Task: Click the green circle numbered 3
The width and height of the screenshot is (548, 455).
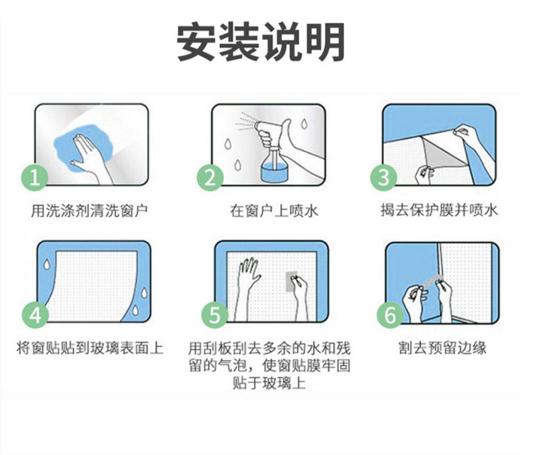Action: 384,178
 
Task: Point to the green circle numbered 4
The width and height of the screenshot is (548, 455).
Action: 35,315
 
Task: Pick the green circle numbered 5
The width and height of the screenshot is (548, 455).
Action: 215,315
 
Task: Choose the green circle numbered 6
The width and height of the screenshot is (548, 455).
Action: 390,315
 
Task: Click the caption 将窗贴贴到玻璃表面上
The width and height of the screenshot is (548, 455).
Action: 90,348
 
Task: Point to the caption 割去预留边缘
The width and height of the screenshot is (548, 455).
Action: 442,348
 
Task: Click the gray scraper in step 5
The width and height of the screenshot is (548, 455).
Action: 291,281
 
